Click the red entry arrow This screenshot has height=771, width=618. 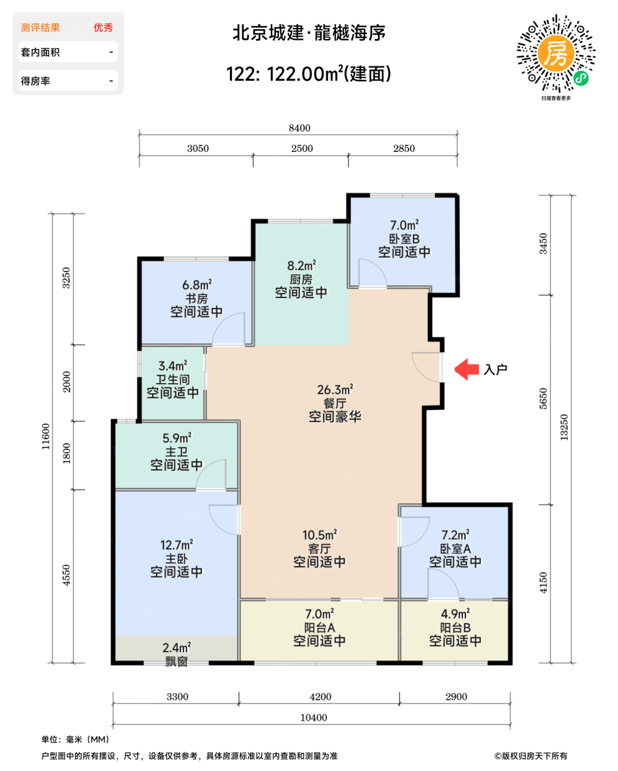pos(466,369)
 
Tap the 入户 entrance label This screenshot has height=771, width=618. pos(495,370)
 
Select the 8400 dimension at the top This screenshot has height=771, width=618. pos(299,128)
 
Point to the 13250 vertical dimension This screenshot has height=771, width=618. pos(564,427)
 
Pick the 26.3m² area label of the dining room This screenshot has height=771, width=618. pos(335,390)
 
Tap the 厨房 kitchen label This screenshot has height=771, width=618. pos(301,279)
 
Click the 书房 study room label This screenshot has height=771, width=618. pos(197,298)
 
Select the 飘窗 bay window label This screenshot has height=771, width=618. pos(176,661)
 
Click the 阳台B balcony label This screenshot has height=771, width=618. pos(455,628)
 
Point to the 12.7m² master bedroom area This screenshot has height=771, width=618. pos(176,545)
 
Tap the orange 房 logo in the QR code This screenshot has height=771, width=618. pos(556,53)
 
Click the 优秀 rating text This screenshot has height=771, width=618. pos(103,28)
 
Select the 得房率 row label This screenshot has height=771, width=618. pos(35,81)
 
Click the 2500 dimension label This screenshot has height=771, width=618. pos(302,148)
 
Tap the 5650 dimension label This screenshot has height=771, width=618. pos(544,398)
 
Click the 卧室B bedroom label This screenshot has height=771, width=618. pos(404,238)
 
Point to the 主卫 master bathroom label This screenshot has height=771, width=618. pos(176,452)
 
